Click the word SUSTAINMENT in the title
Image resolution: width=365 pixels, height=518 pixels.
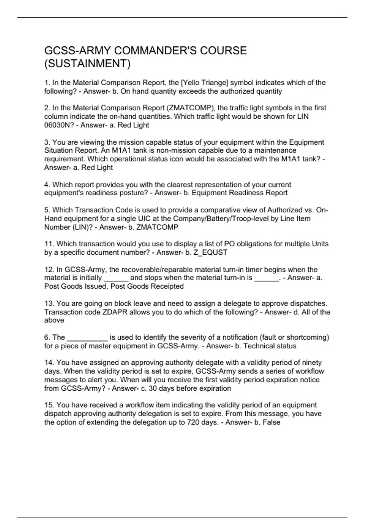(x=87, y=64)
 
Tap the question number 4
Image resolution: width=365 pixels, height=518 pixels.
(x=47, y=185)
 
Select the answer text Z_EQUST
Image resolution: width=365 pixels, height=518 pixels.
(x=210, y=252)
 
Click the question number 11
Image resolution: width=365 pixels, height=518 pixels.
(x=49, y=244)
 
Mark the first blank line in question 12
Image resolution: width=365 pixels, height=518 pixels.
(x=116, y=278)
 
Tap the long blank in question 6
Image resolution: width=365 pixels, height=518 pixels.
(x=87, y=338)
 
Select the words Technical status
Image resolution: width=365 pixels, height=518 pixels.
(x=270, y=346)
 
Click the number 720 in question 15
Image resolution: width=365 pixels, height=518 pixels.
(x=193, y=422)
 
